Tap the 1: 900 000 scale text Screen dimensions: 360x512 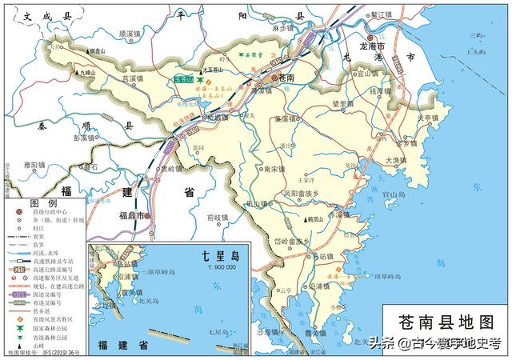coord(214,267)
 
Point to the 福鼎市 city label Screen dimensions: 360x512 coord(132,216)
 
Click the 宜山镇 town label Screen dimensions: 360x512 coord(367,72)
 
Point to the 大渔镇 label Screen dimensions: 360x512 coord(398,160)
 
